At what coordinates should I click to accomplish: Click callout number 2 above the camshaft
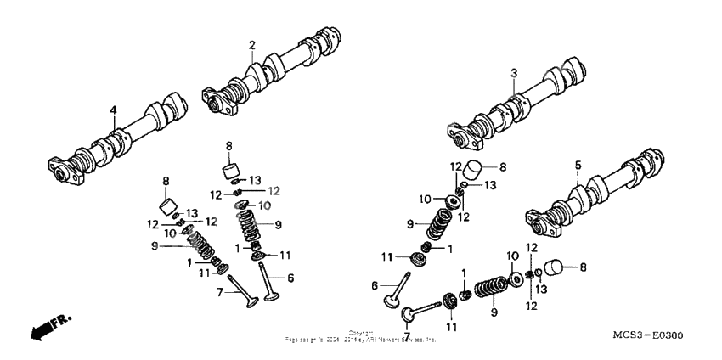pyautogui.click(x=252, y=44)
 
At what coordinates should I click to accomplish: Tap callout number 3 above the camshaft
pyautogui.click(x=513, y=74)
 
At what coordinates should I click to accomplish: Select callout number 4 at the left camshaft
pyautogui.click(x=112, y=110)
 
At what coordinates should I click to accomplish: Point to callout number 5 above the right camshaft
pyautogui.click(x=577, y=165)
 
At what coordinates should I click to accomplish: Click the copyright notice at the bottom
pyautogui.click(x=361, y=336)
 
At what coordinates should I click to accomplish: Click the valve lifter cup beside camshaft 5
pyautogui.click(x=553, y=269)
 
